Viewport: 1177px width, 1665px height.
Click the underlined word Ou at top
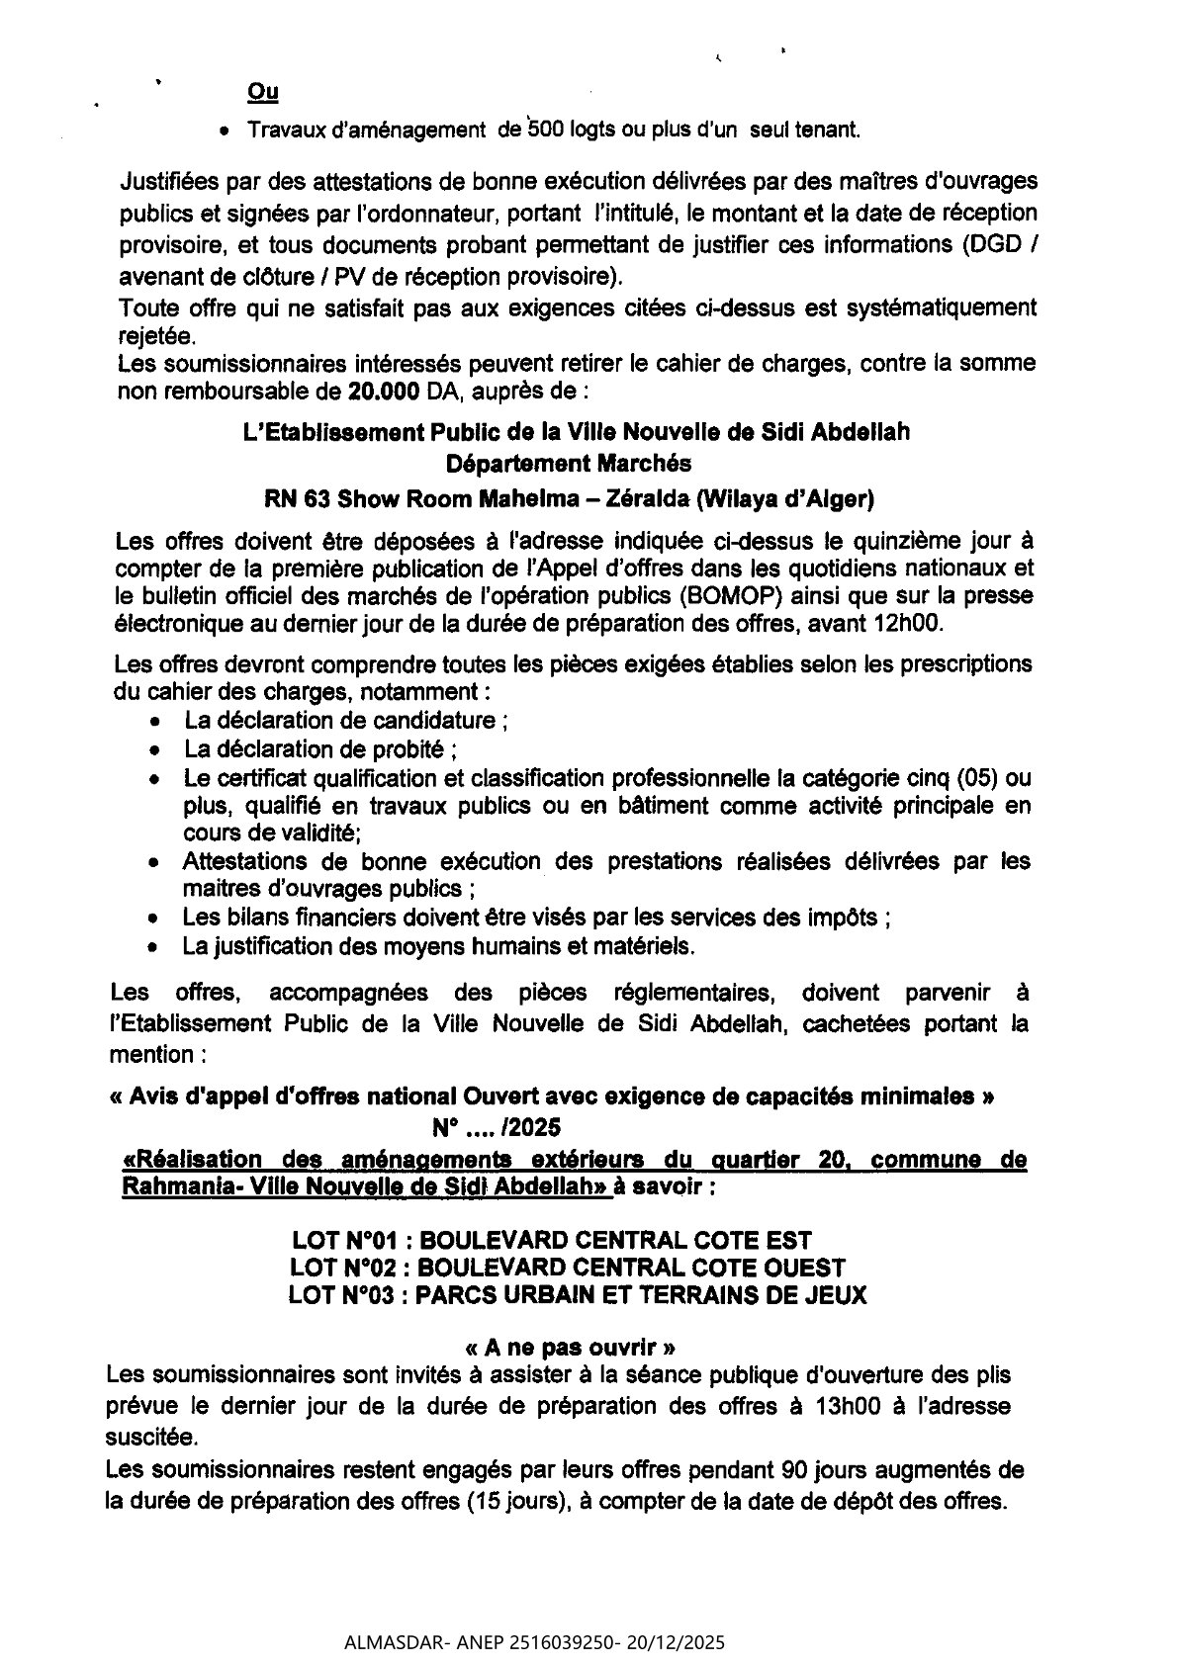coord(262,93)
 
